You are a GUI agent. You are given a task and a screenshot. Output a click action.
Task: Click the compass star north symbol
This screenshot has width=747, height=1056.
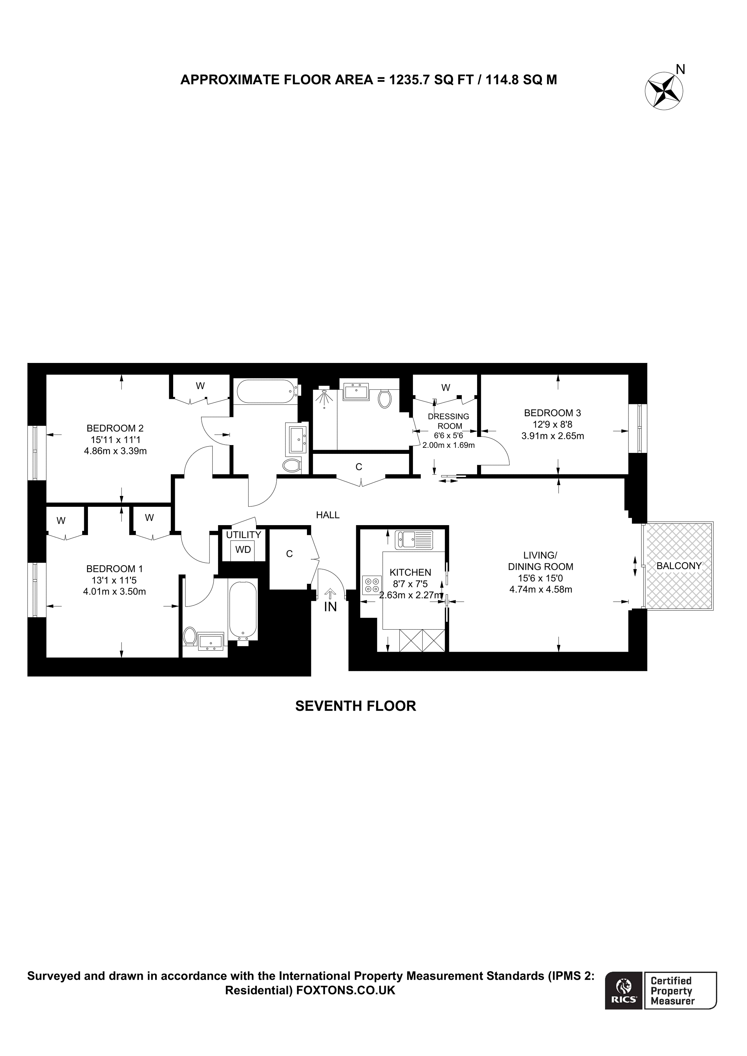click(664, 91)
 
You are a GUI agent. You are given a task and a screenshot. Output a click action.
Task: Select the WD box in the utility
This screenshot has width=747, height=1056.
click(243, 550)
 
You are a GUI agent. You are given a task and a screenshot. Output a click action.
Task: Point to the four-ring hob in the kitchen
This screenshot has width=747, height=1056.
click(372, 585)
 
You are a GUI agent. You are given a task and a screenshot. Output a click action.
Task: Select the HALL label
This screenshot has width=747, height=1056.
click(328, 515)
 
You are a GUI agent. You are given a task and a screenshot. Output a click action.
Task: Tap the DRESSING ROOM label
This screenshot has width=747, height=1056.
click(449, 421)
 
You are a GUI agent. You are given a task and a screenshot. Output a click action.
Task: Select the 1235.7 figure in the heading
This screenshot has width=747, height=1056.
click(409, 80)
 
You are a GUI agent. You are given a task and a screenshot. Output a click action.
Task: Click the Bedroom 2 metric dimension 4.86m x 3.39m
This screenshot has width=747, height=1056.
click(115, 451)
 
